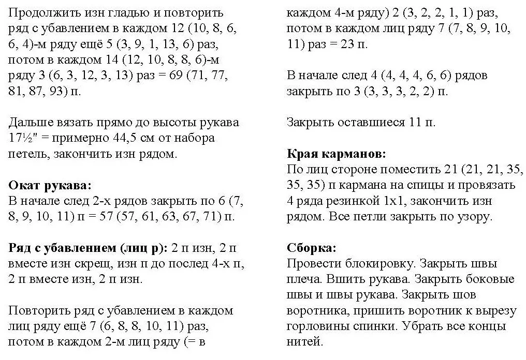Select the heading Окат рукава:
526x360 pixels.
pyautogui.click(x=50, y=185)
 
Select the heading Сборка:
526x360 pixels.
pyautogui.click(x=311, y=248)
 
